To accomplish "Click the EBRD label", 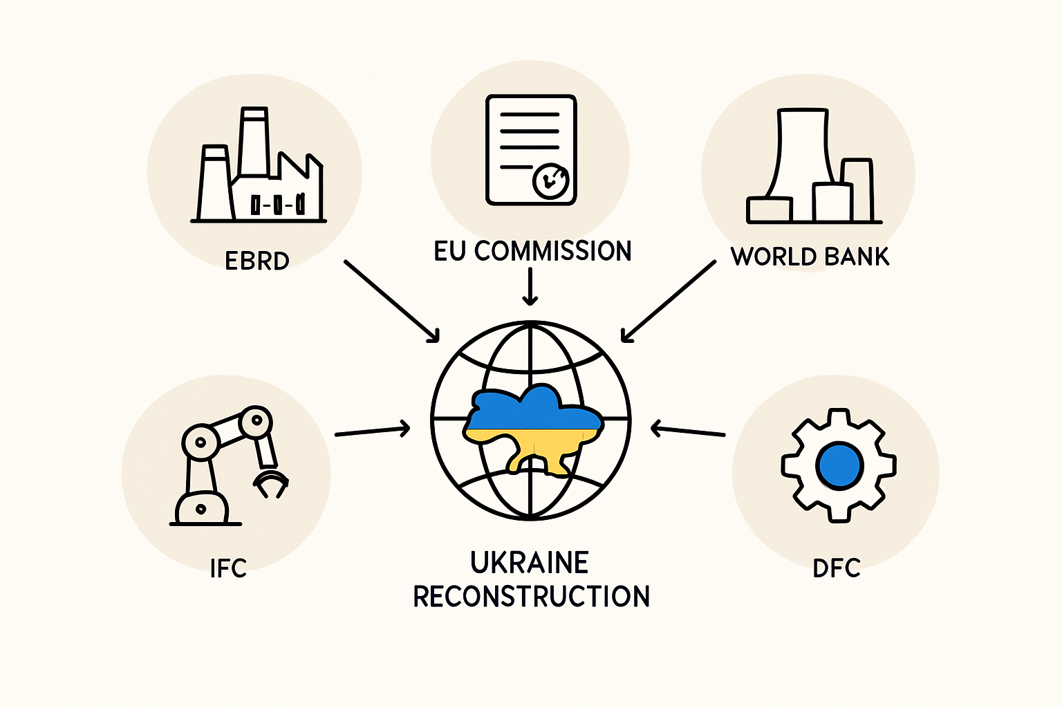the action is (257, 261).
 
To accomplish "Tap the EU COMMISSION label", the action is (532, 251).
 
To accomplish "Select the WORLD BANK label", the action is (810, 257).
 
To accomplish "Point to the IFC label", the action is (228, 568).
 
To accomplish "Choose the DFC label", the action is (837, 568).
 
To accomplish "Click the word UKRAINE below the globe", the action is (530, 562).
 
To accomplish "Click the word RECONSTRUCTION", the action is (532, 596).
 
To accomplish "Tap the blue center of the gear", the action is (839, 466).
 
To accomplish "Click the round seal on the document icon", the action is (551, 180).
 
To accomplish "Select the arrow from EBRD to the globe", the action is (391, 301).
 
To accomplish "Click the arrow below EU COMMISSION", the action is (530, 286).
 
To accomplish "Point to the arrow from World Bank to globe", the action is (669, 301).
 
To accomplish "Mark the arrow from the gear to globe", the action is (688, 431).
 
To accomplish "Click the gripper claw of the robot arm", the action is (271, 483).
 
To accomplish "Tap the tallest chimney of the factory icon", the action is (254, 142).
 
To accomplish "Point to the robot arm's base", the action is (202, 509).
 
